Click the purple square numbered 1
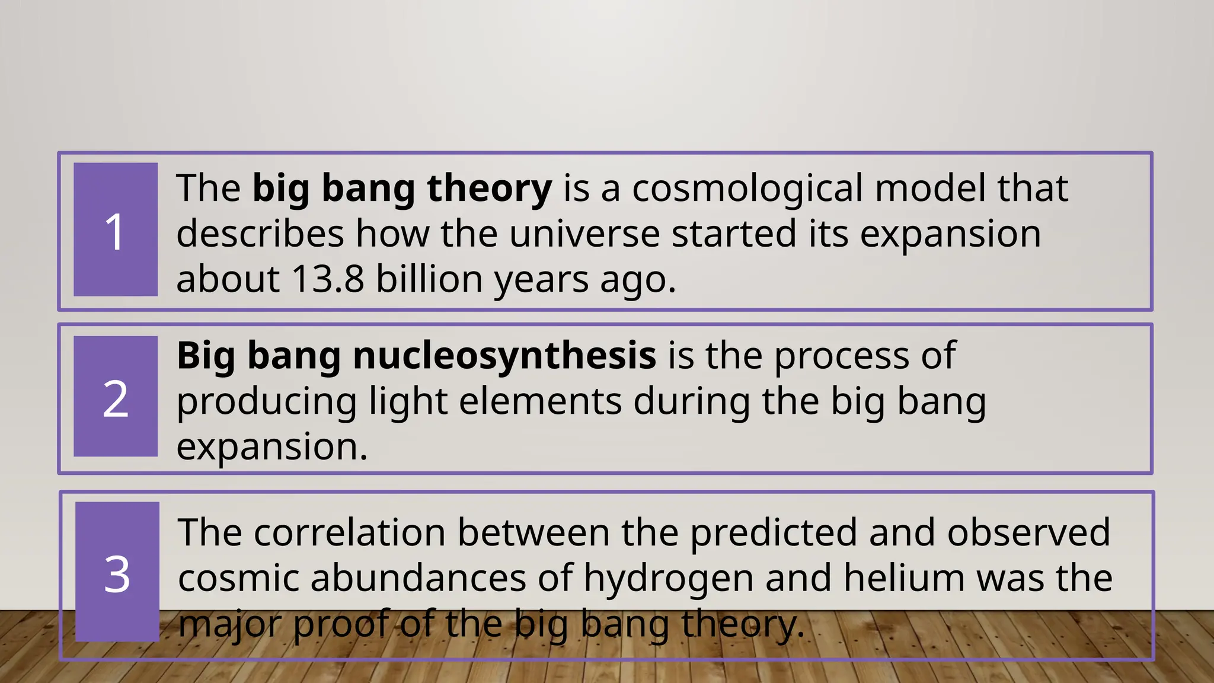coord(116,229)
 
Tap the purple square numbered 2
coord(116,397)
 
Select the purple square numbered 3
coord(117,572)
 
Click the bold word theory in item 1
coord(489,189)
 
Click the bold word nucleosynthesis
coord(504,356)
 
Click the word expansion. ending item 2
coord(272,447)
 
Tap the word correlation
coord(349,532)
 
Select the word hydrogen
coord(668,578)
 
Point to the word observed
coord(1028,532)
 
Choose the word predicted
coord(773,532)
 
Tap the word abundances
coord(418,577)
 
